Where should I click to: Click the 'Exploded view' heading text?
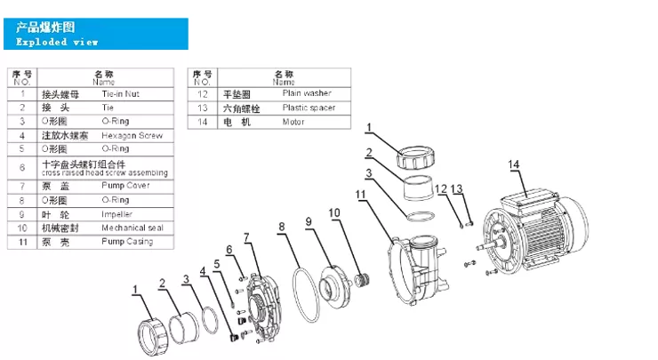(x=58, y=42)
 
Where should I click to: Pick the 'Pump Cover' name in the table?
(x=125, y=185)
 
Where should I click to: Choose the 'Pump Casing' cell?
(x=126, y=242)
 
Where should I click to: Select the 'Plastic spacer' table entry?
(x=309, y=107)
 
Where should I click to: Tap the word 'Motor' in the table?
(x=293, y=121)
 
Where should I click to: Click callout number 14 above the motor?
(x=514, y=164)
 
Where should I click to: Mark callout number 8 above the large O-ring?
(x=282, y=228)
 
